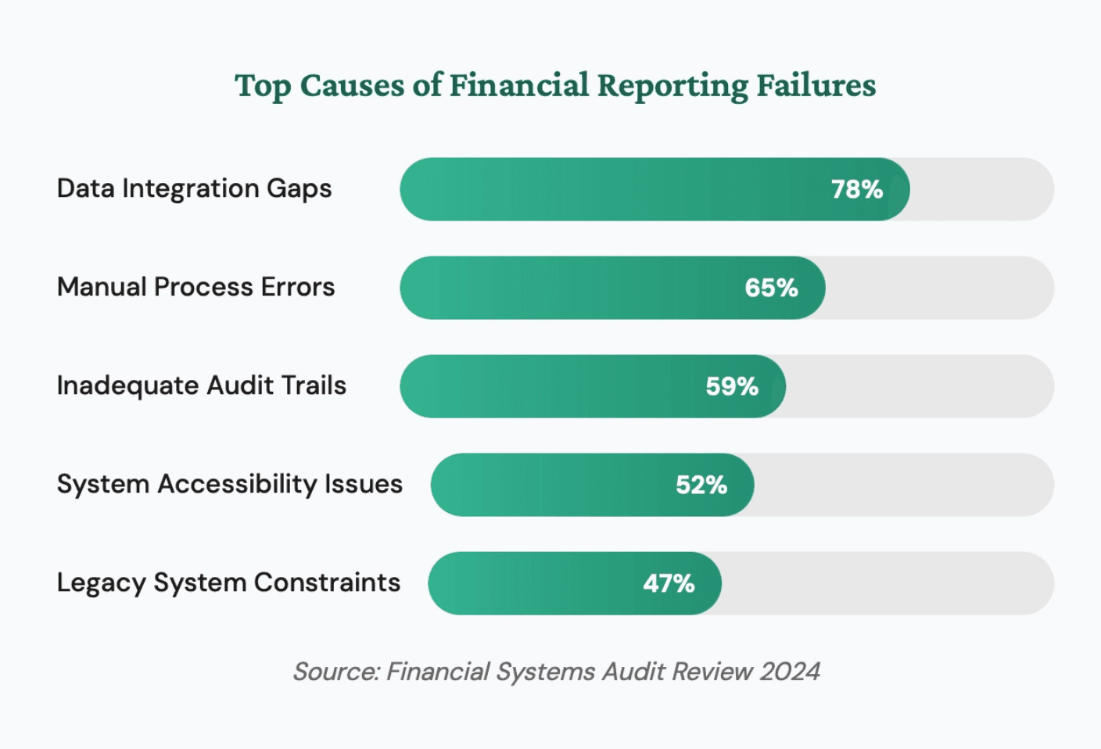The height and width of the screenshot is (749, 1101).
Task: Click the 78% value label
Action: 856,189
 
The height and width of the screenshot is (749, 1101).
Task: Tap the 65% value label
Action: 771,288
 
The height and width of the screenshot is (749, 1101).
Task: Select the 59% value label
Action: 732,386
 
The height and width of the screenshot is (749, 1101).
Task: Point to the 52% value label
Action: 701,485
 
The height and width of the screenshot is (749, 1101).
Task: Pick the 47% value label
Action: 669,583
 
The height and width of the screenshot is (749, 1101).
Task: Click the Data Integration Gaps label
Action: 194,189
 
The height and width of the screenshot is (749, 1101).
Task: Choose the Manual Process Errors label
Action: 195,287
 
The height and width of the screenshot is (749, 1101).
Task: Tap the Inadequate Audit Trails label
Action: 201,385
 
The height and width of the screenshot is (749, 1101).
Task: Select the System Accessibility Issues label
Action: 229,484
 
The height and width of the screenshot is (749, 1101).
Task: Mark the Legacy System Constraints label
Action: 228,582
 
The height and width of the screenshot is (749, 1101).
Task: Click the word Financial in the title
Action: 518,85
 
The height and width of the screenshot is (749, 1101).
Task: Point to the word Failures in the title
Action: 816,85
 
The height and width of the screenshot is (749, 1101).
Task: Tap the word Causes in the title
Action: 352,85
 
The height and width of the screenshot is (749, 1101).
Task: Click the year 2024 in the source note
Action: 790,672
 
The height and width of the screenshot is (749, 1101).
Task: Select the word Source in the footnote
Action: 335,672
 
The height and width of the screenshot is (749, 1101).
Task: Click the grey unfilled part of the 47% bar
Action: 888,583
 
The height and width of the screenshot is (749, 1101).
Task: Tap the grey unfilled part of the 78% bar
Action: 981,189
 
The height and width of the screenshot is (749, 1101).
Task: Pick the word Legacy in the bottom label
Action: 101,583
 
